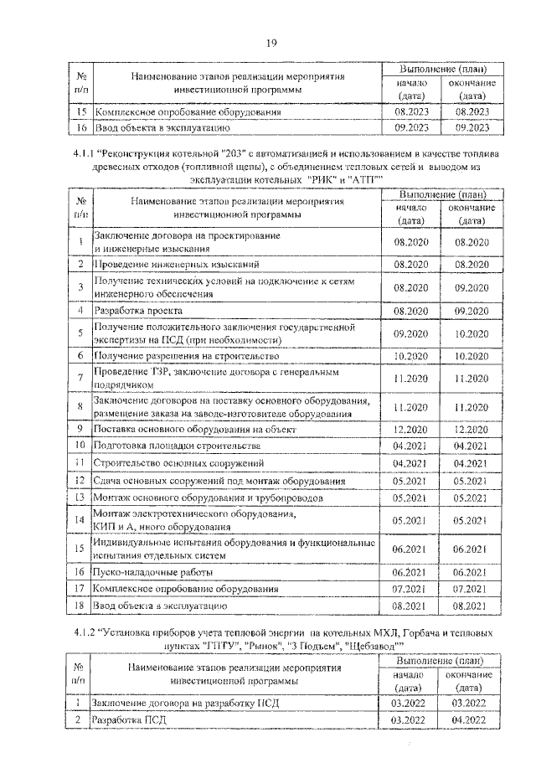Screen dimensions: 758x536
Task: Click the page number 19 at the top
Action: click(x=271, y=44)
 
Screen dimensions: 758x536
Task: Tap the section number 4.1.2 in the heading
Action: click(x=85, y=633)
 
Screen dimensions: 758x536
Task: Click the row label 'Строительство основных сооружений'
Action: click(x=179, y=462)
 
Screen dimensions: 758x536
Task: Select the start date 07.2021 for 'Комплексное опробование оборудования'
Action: click(x=410, y=588)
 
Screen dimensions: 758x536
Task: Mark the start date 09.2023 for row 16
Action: click(x=410, y=128)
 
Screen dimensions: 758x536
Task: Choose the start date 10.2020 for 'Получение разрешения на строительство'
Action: click(x=410, y=356)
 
